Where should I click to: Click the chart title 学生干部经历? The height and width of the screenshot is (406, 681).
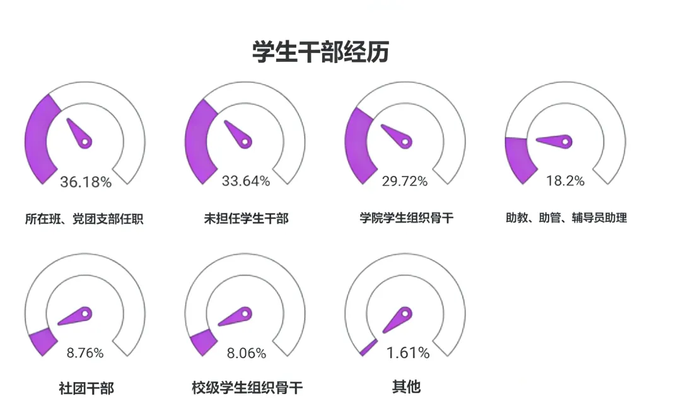(320, 52)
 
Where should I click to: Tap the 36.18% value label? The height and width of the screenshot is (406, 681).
(86, 183)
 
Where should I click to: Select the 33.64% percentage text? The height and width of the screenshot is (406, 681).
(246, 182)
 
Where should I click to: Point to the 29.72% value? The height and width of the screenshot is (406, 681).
(405, 182)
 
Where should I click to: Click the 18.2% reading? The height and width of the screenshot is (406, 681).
(565, 181)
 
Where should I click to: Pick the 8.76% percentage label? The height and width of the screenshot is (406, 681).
(85, 353)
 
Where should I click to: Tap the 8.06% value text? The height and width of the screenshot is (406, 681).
(246, 354)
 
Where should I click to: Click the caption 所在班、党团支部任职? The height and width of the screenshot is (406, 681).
(84, 219)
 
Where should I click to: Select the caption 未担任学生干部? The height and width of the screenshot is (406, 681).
(246, 219)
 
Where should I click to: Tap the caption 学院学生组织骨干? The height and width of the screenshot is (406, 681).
(407, 218)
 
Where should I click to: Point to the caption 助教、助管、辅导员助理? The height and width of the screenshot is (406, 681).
(566, 218)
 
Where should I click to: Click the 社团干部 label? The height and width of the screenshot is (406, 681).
(86, 388)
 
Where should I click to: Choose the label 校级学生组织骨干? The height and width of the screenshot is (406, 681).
(247, 387)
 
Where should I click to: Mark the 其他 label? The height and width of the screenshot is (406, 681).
(406, 386)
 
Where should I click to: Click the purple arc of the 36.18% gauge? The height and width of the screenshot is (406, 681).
(39, 139)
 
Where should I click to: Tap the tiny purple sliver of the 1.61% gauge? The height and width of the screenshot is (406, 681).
(368, 347)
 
